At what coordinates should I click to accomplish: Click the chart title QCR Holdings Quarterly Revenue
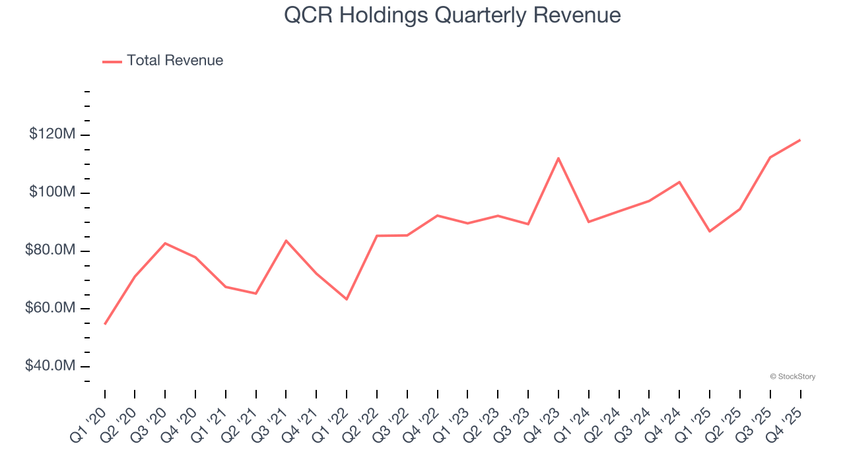452,15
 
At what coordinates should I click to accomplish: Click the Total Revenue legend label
175,61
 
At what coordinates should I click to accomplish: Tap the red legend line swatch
112,61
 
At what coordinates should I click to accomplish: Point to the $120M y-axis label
52,135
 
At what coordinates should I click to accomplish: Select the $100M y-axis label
52,193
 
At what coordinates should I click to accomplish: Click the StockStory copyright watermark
792,377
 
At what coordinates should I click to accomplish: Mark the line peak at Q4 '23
558,158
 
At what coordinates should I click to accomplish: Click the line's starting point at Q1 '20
105,324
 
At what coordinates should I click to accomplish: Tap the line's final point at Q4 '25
800,140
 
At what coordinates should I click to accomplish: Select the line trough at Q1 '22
347,299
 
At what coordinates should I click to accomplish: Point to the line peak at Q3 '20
165,243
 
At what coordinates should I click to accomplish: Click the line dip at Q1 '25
710,231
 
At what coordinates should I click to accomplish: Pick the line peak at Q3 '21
286,240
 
